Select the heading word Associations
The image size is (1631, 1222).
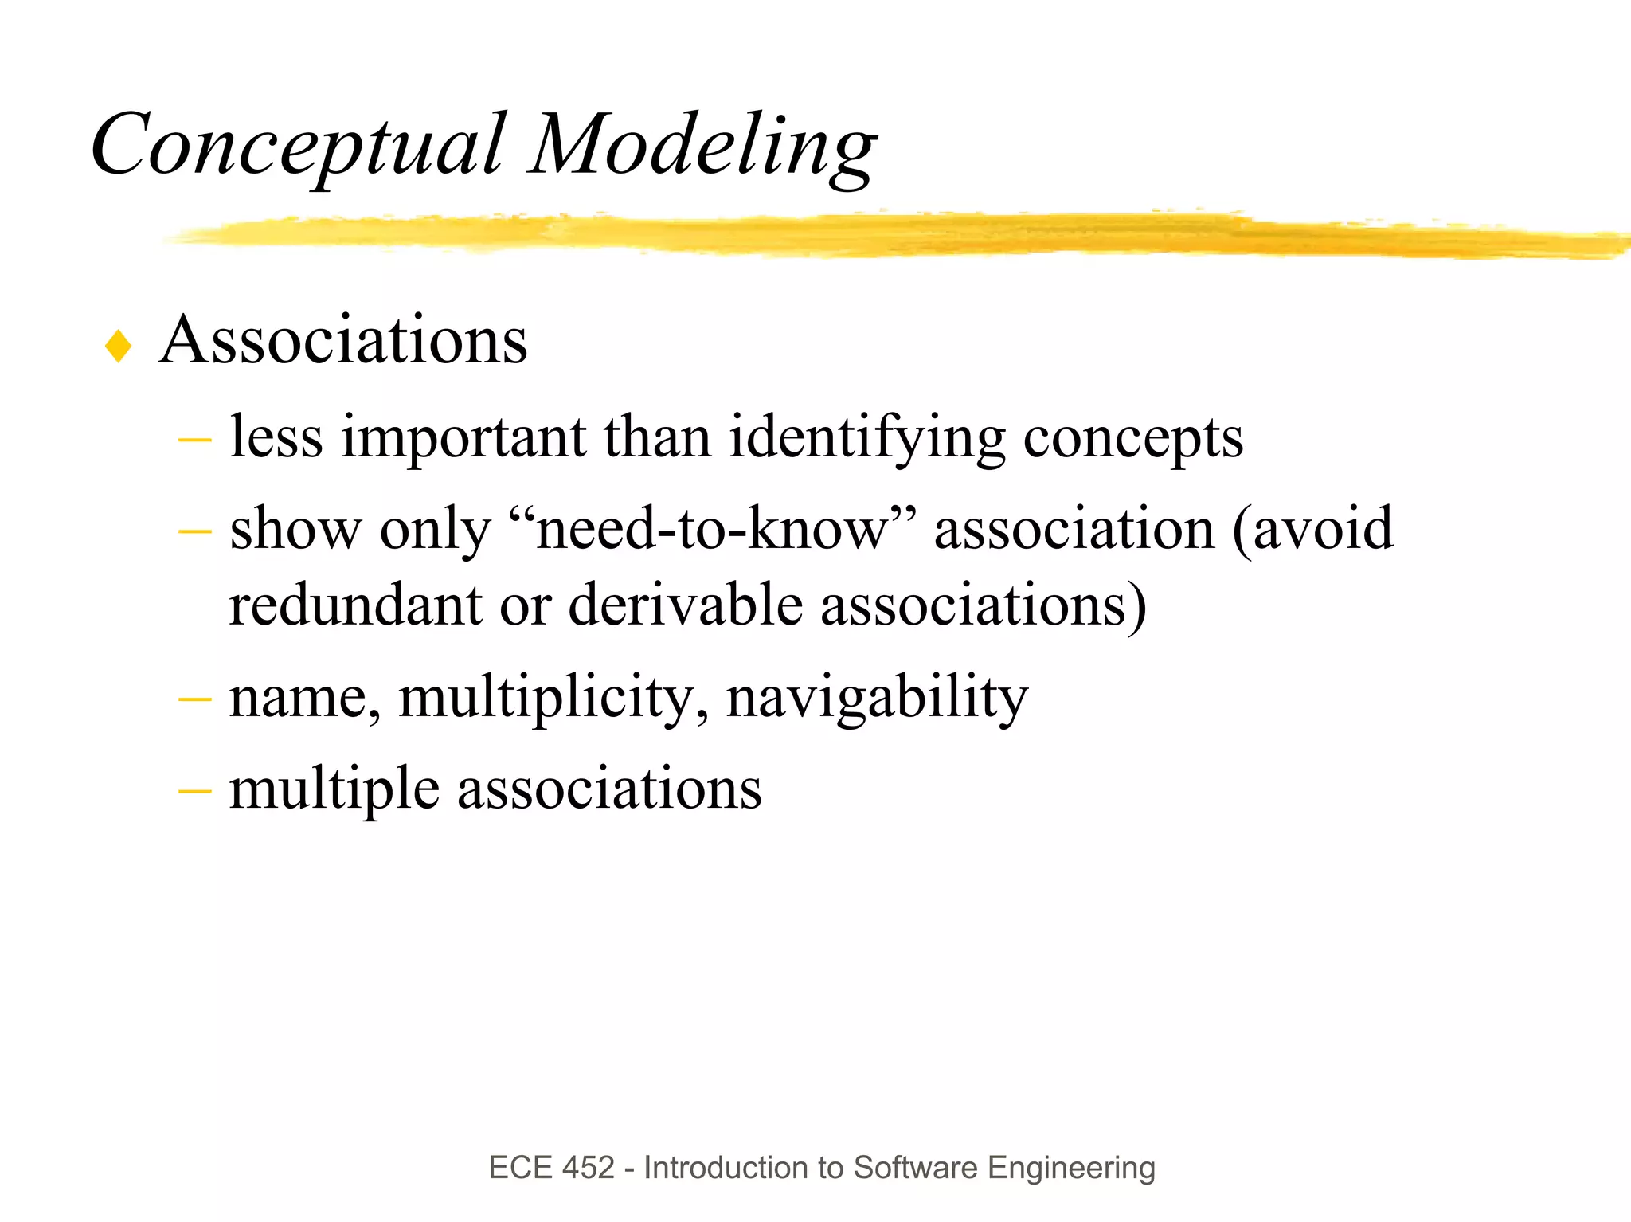(343, 340)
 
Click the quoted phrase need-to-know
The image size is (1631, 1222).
(712, 529)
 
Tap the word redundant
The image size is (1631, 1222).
(355, 605)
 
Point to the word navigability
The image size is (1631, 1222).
(877, 698)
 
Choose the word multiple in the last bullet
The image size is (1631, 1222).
(334, 789)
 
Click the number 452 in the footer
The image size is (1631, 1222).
(589, 1168)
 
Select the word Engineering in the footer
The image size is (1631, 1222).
(1071, 1168)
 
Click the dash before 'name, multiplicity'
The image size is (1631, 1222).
(195, 699)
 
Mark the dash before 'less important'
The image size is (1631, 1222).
(195, 439)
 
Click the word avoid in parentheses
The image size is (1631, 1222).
(1323, 529)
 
